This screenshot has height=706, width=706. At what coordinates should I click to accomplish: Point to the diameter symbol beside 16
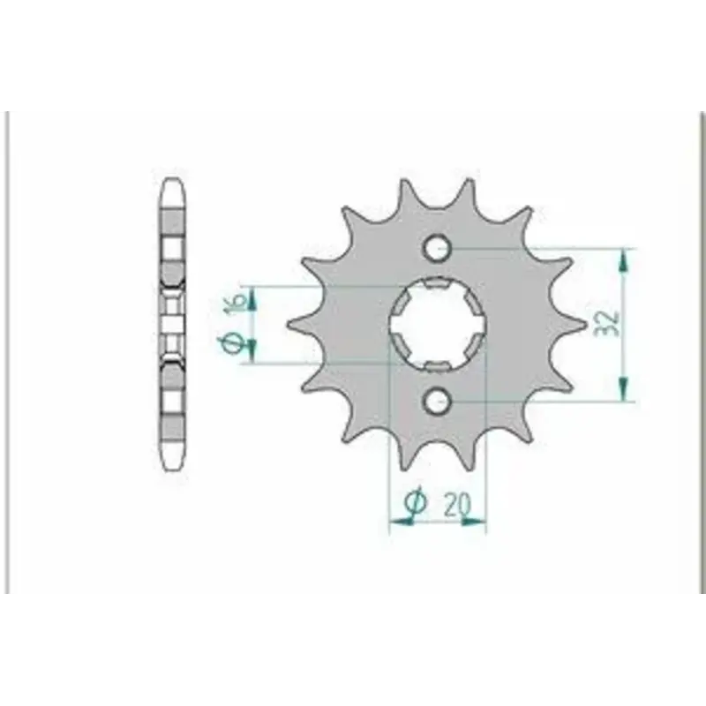[232, 343]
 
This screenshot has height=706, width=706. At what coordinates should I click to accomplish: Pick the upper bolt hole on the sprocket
[436, 248]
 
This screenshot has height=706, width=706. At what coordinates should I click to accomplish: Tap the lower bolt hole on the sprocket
[436, 401]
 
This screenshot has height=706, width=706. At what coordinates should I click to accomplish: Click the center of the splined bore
[437, 325]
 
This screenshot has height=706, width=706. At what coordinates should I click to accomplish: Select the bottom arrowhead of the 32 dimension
[623, 389]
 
